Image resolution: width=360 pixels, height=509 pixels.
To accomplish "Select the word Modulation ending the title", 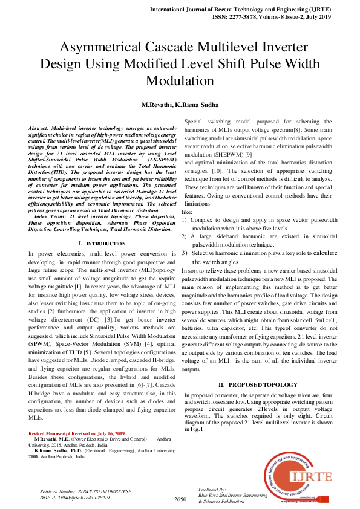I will coord(180,80).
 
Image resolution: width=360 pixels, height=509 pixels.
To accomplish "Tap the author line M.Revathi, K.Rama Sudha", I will coord(180,105).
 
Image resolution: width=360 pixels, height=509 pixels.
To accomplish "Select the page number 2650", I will coord(180,499).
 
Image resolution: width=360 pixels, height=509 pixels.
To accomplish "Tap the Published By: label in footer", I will coord(212,488).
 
